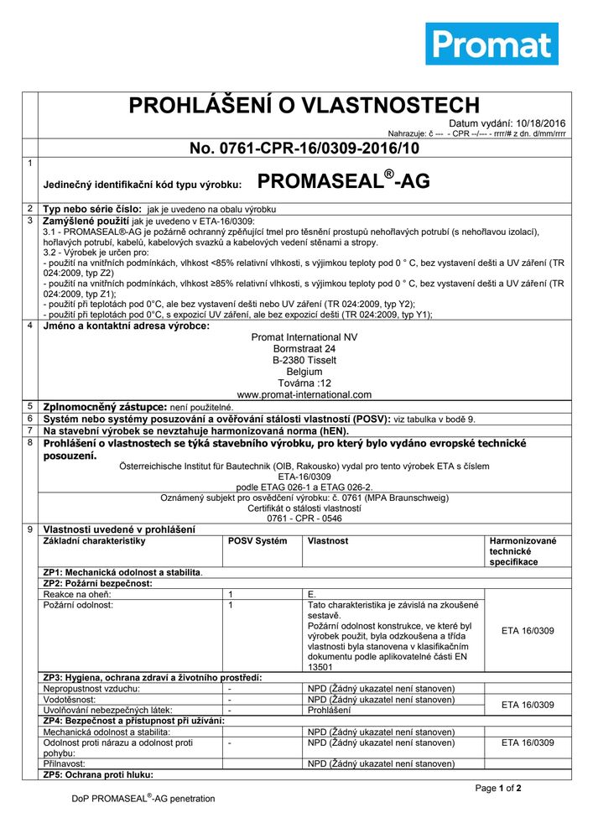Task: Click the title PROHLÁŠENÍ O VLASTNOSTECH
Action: point(304,105)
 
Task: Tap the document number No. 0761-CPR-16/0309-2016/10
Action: point(304,149)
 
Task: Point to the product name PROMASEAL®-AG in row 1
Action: point(343,181)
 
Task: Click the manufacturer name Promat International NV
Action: point(304,337)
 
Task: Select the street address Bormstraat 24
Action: point(304,348)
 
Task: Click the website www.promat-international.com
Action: point(304,393)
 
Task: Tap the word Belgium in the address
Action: point(304,371)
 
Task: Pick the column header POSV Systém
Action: point(257,541)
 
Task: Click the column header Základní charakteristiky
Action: point(95,541)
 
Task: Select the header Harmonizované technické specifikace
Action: point(523,551)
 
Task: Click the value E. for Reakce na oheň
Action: point(312,594)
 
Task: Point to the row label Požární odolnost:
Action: point(78,604)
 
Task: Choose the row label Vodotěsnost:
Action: point(70,699)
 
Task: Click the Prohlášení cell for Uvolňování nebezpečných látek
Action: point(330,710)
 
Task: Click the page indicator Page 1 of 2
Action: point(498,789)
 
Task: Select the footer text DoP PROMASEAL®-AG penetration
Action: point(143,798)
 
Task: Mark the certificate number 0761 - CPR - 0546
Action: point(304,518)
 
